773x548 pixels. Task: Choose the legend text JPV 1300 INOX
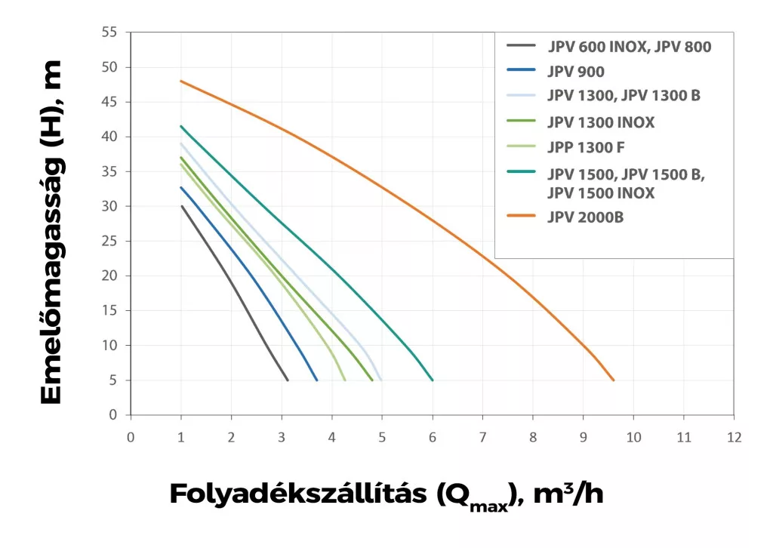point(602,122)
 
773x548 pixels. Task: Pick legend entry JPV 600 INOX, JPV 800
point(630,47)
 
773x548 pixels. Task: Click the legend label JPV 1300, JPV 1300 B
point(624,96)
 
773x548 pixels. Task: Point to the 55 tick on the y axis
point(110,32)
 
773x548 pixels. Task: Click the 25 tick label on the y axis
point(110,241)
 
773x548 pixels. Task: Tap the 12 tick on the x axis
point(734,437)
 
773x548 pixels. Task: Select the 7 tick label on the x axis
point(482,437)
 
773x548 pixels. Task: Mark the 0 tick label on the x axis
point(131,437)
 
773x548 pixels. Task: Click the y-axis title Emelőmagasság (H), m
point(51,232)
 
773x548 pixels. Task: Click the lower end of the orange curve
point(614,380)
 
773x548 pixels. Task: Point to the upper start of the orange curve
point(181,81)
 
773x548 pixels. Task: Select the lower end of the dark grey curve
point(288,380)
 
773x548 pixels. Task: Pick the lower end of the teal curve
point(433,380)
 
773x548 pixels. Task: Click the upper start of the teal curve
point(181,126)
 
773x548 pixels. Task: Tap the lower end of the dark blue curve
point(317,380)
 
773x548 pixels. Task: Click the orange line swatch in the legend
point(521,218)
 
